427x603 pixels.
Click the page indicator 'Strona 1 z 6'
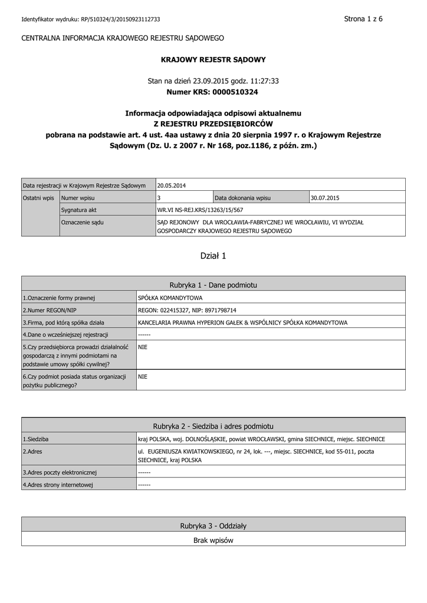(363, 19)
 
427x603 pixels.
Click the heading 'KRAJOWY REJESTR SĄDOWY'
(213, 59)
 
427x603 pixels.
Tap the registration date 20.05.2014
(172, 185)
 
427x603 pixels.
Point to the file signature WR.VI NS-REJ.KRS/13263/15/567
(200, 210)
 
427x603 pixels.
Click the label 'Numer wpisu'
(78, 198)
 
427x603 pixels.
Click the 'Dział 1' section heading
(213, 256)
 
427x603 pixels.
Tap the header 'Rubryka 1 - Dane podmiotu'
(213, 284)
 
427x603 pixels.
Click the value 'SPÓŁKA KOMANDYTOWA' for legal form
(170, 298)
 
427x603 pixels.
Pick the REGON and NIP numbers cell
(187, 310)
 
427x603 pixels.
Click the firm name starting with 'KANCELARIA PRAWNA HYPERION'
(242, 322)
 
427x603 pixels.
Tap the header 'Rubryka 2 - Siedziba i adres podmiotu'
(213, 426)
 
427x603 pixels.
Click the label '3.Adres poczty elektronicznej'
(60, 472)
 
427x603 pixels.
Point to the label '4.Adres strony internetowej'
(58, 485)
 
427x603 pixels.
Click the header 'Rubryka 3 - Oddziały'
(213, 525)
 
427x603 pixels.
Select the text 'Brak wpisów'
(213, 540)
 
